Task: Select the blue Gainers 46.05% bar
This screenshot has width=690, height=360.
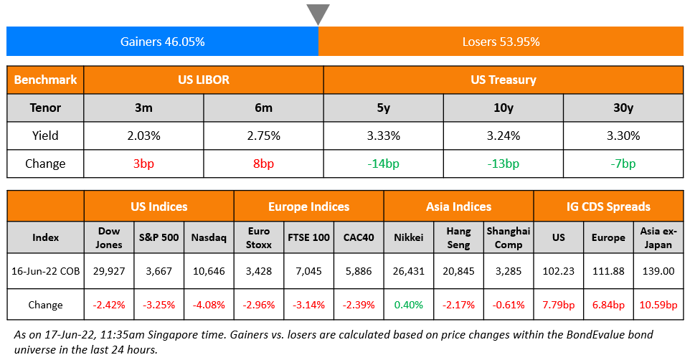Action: (x=163, y=42)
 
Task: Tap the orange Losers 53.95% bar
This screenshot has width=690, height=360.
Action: (x=501, y=42)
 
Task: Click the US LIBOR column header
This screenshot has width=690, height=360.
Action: (x=204, y=80)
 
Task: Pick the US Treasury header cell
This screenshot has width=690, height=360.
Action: (x=504, y=80)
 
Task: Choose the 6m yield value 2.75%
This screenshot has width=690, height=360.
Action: (x=263, y=136)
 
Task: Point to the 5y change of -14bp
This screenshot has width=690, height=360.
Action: (x=383, y=164)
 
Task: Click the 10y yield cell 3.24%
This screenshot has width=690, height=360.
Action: (x=503, y=136)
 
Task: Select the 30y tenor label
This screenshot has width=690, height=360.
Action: (x=623, y=108)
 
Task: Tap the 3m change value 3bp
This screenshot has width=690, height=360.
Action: (x=143, y=164)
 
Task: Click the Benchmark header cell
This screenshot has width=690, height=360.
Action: (x=45, y=80)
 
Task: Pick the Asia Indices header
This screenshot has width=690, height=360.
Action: (x=458, y=207)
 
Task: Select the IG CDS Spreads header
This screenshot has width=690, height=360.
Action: (x=608, y=207)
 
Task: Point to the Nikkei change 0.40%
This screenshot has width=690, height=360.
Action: (x=409, y=305)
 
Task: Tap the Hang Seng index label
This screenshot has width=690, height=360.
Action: (x=458, y=237)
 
